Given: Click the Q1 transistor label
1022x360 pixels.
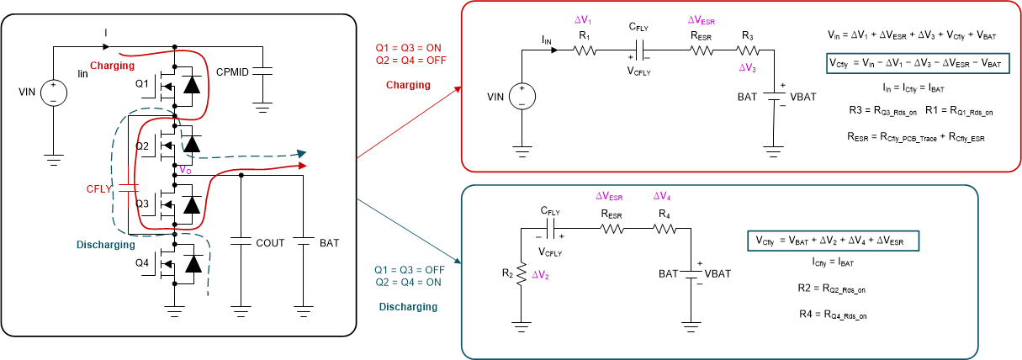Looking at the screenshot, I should [140, 84].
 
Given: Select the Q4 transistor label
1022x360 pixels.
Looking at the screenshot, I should [141, 262].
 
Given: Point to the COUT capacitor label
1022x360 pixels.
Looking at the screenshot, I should [270, 243].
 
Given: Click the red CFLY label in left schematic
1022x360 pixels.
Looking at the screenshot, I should [99, 189].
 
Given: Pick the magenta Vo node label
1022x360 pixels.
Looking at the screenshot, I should [185, 170].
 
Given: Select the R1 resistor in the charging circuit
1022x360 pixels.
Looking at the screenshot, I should [585, 50].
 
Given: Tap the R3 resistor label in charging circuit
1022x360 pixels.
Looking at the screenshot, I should [747, 36].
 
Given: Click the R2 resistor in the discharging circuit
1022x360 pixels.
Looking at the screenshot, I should [522, 272].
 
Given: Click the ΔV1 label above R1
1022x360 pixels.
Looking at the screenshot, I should [583, 19].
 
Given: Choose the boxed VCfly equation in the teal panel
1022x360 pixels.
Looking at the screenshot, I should [834, 241].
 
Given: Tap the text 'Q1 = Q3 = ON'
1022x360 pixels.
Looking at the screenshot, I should [408, 47].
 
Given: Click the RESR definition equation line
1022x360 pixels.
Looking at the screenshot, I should [916, 135].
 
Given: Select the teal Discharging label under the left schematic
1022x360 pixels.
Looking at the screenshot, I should [105, 245].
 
